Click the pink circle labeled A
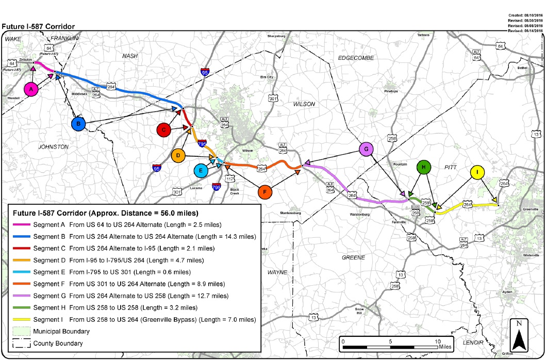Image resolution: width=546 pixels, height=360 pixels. (32, 89)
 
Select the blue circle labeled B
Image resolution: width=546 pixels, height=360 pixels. (78, 124)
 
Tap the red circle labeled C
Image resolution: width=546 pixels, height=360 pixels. (163, 130)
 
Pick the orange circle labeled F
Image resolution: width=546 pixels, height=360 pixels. (264, 192)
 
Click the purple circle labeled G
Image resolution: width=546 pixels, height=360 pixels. (366, 150)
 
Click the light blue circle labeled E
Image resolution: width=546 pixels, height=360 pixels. (201, 171)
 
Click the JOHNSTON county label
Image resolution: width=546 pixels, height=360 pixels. (53, 147)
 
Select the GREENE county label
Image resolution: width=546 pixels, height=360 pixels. (353, 257)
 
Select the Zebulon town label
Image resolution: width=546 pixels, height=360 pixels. (27, 60)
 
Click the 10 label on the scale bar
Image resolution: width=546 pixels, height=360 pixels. (438, 341)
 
